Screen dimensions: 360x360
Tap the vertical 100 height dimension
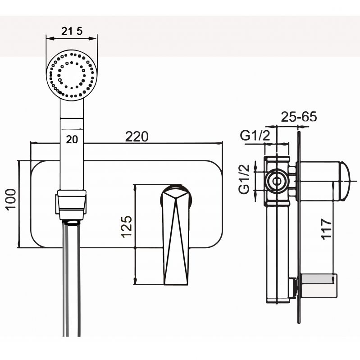11,199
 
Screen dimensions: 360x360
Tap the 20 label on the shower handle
71,139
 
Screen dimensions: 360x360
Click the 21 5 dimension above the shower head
72,31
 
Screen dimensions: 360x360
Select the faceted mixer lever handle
175,234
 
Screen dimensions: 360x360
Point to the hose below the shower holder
71,279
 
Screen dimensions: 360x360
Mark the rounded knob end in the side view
345,180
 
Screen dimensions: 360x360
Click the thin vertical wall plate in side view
299,225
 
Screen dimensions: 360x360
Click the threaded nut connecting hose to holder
71,222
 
